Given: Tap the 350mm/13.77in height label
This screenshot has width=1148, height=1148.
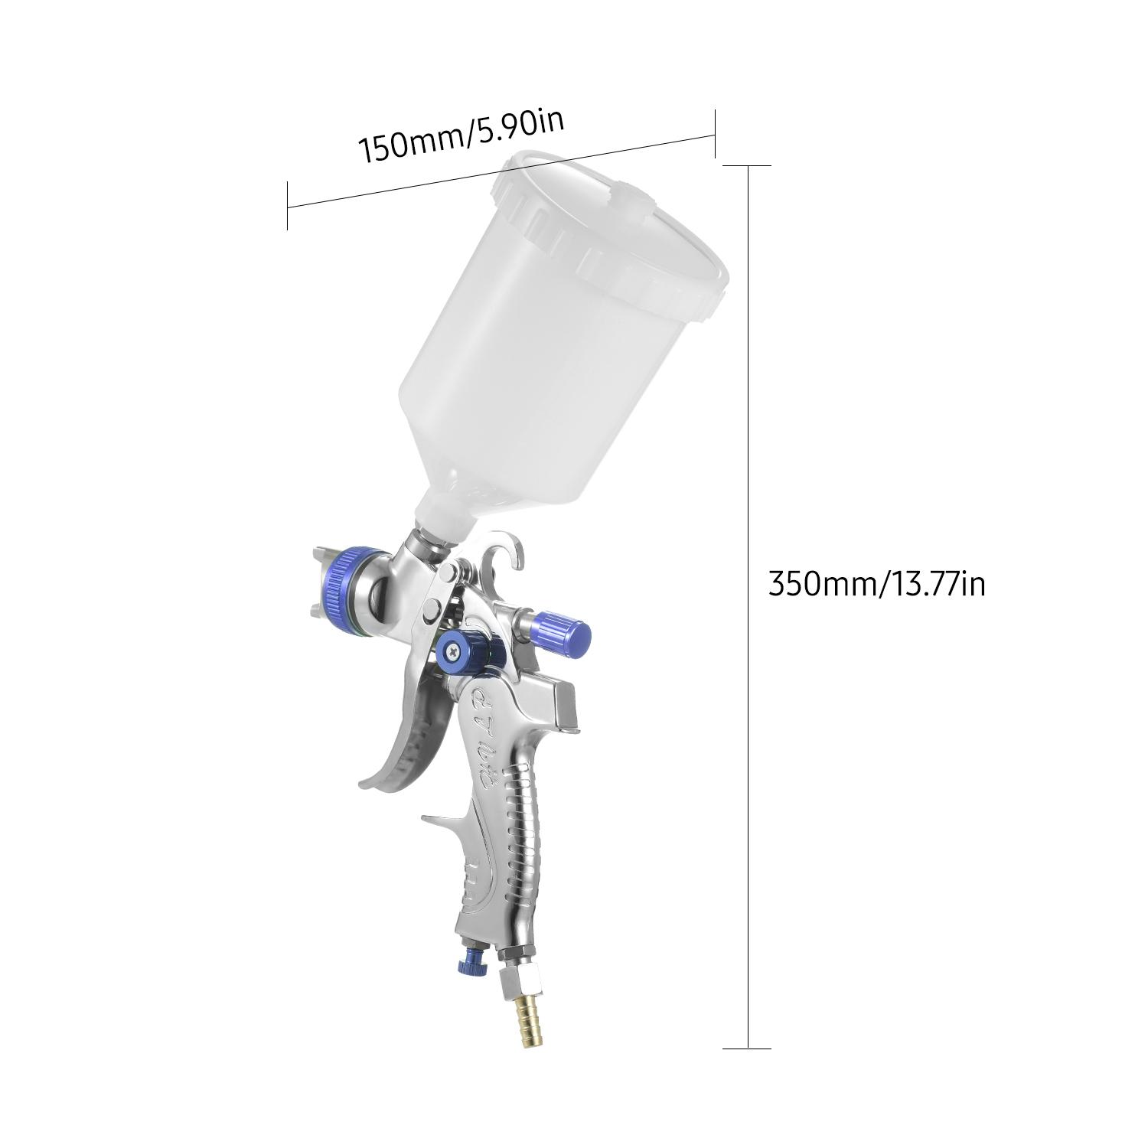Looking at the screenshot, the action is click(876, 585).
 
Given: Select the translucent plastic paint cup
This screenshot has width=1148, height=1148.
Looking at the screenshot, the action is click(566, 337).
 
